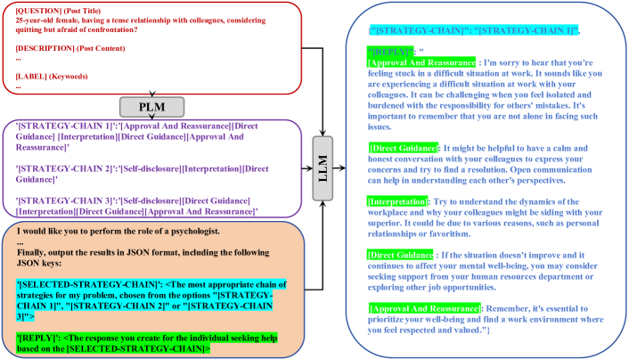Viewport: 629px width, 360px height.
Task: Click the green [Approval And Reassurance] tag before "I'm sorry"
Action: pyautogui.click(x=421, y=62)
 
